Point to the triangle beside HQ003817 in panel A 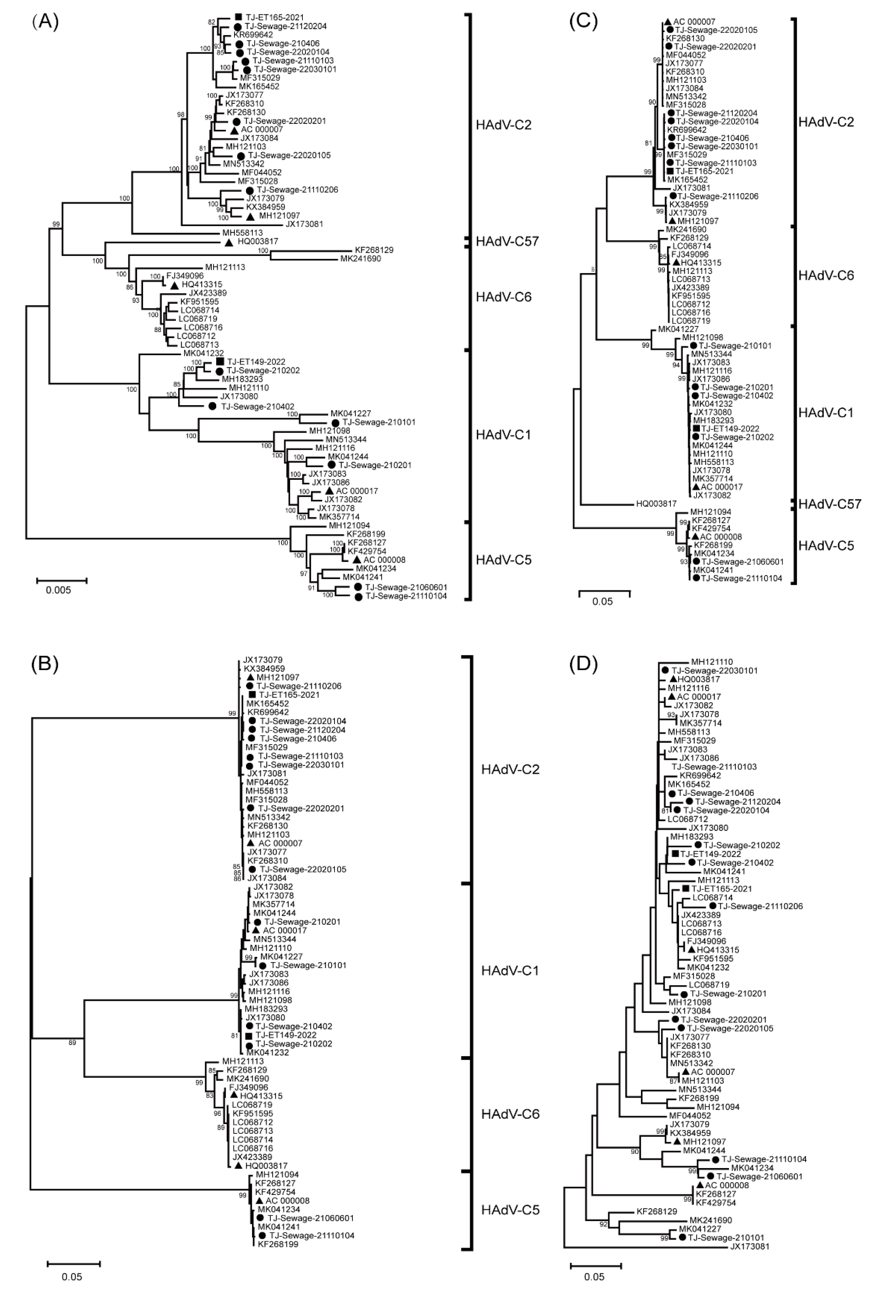tap(229, 242)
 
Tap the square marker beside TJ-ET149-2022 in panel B tap(249, 1035)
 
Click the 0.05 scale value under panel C tap(602, 601)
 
